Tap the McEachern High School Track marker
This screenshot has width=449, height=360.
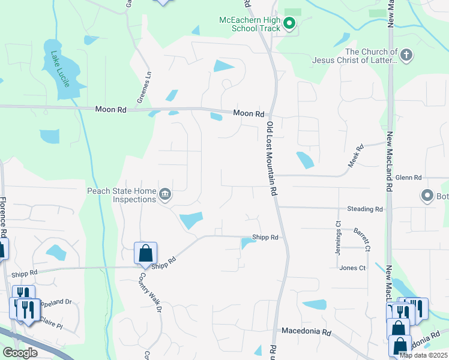click(x=289, y=24)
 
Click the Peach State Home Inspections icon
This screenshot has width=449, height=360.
click(x=165, y=194)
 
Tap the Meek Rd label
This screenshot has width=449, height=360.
click(x=357, y=155)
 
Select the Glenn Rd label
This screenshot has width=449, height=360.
click(x=409, y=178)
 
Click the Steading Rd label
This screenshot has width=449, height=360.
click(x=364, y=209)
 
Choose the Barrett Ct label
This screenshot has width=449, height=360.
click(x=361, y=239)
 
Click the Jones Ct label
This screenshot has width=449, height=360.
click(x=352, y=268)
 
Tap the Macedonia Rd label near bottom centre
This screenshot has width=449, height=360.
click(x=306, y=331)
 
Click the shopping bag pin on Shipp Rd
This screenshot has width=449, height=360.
click(x=145, y=253)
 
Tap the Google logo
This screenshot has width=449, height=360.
click(x=20, y=352)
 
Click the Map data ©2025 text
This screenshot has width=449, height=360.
click(x=423, y=355)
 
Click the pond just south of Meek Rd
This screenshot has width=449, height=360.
click(x=305, y=160)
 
